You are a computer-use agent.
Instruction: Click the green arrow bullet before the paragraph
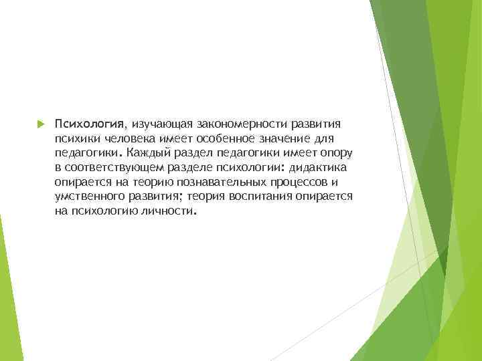point(39,124)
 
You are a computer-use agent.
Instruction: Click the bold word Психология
point(90,124)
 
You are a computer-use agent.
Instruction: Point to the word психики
point(76,138)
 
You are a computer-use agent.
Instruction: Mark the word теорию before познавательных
point(155,182)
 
